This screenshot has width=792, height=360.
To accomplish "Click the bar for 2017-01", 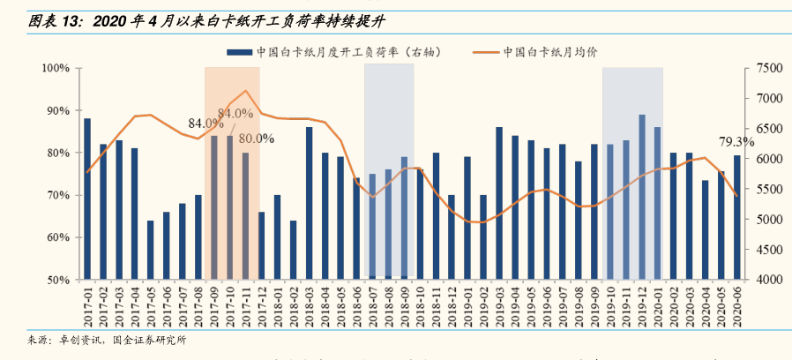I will point(86,199).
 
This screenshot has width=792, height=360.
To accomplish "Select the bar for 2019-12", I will point(642,197).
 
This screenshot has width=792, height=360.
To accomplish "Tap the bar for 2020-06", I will point(737,217).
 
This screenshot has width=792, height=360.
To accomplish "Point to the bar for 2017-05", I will point(151,250).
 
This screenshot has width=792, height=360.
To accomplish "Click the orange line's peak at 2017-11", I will point(246,91).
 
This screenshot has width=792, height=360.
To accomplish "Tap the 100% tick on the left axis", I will point(56,68).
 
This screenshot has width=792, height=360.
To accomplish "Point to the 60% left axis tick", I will point(58,237).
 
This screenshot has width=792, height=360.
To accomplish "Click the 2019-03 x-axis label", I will point(499,307).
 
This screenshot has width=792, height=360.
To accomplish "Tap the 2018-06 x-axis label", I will point(356,307).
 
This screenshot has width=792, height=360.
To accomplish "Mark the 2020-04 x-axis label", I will point(706,307).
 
